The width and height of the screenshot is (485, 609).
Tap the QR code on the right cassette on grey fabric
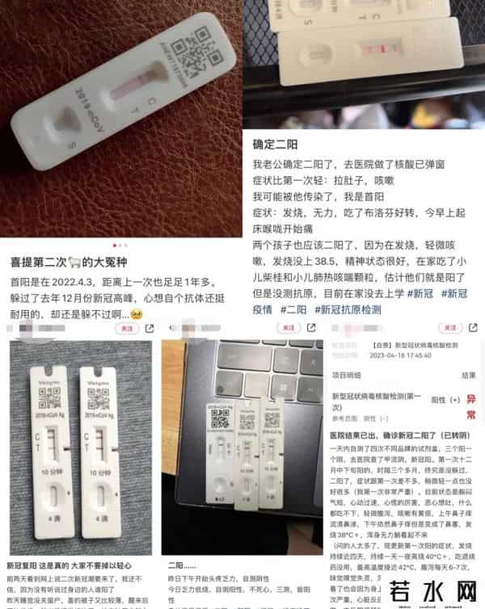[98, 399]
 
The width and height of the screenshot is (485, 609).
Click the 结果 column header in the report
[469, 376]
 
